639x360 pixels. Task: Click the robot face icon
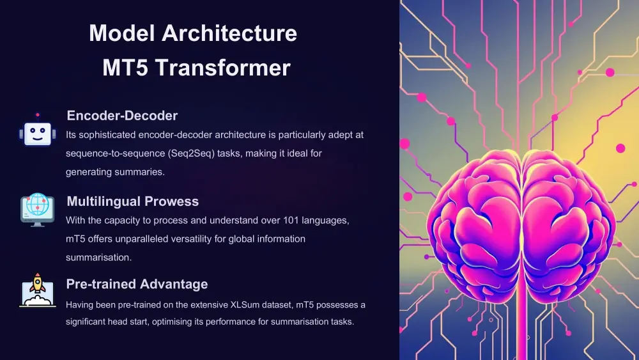tap(38, 132)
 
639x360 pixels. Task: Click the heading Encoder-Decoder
tap(122, 116)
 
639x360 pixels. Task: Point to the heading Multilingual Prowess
tap(132, 201)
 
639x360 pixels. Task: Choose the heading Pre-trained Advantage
tap(137, 284)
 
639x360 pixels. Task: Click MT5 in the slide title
tap(124, 68)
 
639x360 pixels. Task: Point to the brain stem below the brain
tap(520, 320)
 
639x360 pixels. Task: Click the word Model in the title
tap(123, 33)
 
